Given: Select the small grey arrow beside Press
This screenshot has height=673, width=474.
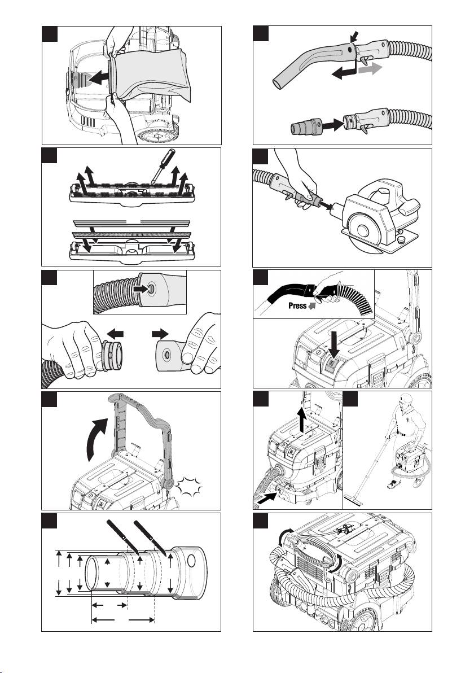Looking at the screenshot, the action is click(x=311, y=307).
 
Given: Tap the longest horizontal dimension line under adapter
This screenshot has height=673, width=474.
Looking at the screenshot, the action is click(x=122, y=620).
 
